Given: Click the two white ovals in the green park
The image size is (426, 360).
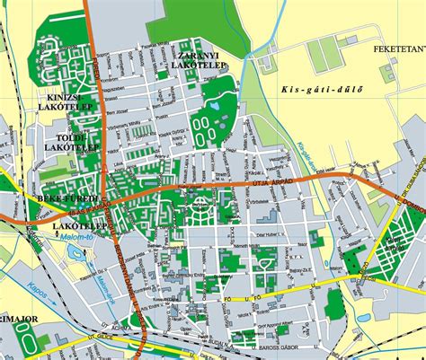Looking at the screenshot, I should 207,127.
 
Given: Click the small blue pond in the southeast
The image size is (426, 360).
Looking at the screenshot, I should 365,317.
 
